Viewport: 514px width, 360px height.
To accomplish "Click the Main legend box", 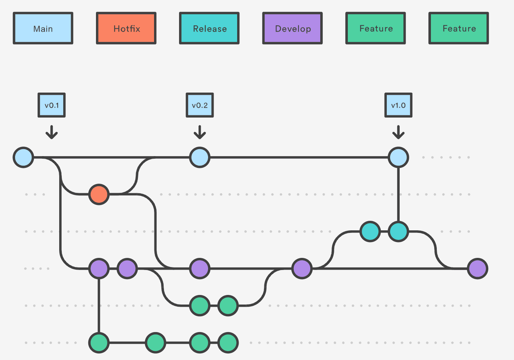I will (x=43, y=28).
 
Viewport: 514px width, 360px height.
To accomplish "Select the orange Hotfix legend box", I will (x=126, y=28).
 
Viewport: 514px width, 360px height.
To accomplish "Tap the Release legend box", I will (x=209, y=28).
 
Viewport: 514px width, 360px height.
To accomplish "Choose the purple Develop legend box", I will (x=292, y=28).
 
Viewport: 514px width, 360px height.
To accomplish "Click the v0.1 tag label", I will (x=51, y=105).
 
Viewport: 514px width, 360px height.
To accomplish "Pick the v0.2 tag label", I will (x=200, y=105).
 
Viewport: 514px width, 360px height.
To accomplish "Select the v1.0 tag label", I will (x=398, y=105).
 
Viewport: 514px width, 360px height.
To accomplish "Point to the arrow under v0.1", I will (x=51, y=132).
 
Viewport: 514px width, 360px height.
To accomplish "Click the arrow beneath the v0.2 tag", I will (x=200, y=132).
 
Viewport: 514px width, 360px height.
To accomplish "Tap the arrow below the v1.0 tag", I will (x=398, y=132).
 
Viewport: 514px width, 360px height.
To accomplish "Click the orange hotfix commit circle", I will (x=99, y=194).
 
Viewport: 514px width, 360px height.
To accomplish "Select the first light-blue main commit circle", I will (x=24, y=157).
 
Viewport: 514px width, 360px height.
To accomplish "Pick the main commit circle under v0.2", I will (x=200, y=157).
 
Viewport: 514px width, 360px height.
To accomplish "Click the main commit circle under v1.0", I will (x=398, y=157).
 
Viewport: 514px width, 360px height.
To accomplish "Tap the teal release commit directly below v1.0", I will (x=398, y=231).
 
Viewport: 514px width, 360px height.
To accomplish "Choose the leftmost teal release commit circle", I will (x=370, y=231).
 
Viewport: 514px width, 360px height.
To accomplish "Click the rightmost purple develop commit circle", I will (x=477, y=269).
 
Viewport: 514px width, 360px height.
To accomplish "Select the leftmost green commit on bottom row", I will (x=99, y=343).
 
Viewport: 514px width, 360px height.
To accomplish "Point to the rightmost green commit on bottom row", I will (x=228, y=343).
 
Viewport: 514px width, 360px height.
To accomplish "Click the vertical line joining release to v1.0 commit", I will (x=398, y=195).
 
